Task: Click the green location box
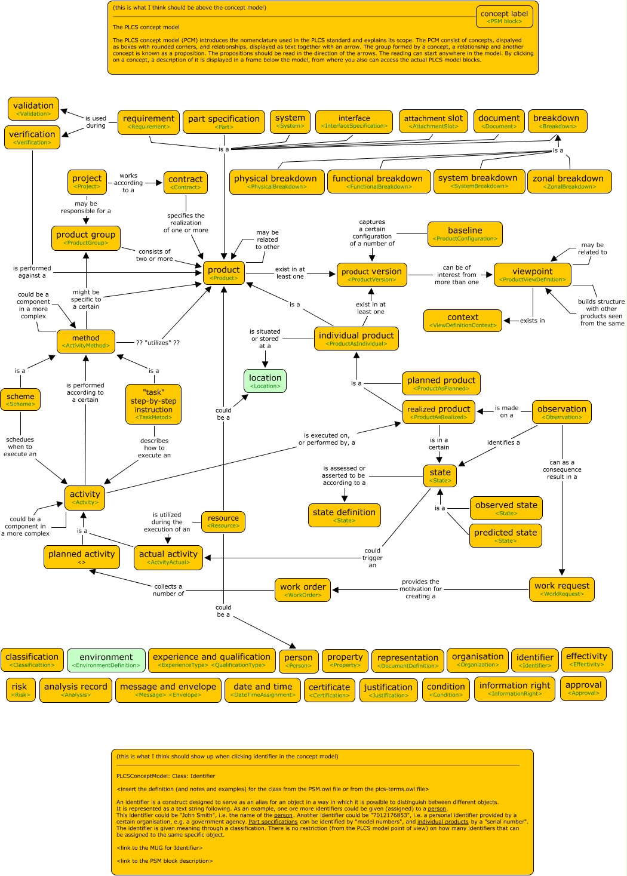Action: pos(265,381)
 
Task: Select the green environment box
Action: pos(106,660)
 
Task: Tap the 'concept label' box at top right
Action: pos(504,17)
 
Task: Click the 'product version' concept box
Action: pos(371,274)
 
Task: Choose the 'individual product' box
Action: pos(356,339)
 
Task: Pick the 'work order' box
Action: pos(303,589)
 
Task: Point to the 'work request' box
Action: pos(561,589)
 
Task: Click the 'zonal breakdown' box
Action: pos(569,182)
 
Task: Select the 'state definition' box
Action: pos(344,515)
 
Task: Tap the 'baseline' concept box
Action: pos(465,233)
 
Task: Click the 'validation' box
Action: pos(33,109)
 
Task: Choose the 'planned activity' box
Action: pos(81,557)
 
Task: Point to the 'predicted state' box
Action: pos(505,536)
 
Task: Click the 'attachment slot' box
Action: pos(434,121)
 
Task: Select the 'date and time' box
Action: pos(263,690)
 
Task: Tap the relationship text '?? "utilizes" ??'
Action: pos(158,343)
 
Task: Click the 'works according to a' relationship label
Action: pos(128,183)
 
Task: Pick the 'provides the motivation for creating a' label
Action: pos(420,589)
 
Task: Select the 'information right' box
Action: pos(515,688)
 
